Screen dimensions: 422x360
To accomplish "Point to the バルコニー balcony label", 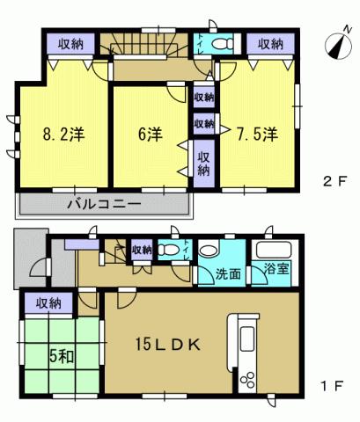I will [104, 205].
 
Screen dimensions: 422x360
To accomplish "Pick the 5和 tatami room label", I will [59, 359].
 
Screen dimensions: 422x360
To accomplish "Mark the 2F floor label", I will [333, 183].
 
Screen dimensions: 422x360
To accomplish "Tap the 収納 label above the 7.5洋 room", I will [271, 44].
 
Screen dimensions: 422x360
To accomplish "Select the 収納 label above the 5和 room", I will [48, 303].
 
